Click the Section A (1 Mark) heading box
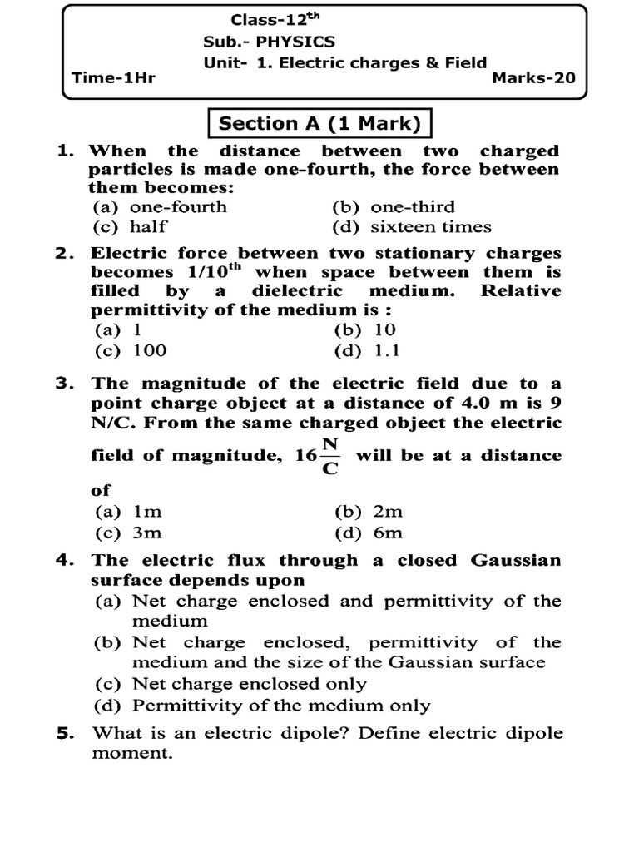coord(319,124)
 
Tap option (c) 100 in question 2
coord(131,350)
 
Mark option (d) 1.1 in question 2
coord(366,350)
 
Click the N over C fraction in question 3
coord(330,456)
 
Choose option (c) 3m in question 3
coord(126,533)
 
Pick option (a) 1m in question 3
coord(126,513)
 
